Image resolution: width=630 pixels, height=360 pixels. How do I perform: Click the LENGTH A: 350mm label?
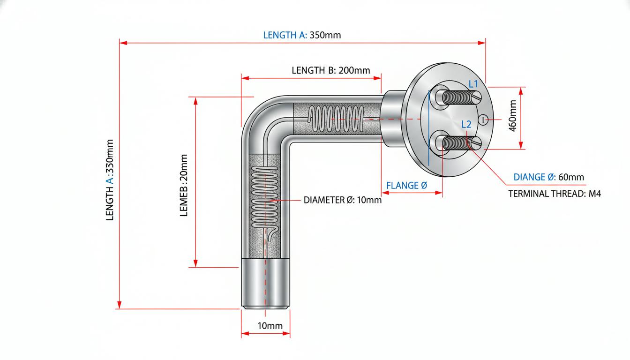point(302,35)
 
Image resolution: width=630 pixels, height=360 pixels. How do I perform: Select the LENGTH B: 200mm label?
point(331,70)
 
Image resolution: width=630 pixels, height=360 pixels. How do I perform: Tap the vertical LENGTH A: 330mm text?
point(110,180)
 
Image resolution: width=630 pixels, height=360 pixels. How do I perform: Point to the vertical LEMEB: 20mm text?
point(184,185)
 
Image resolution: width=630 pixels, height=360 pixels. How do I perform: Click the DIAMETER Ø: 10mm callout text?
point(343,200)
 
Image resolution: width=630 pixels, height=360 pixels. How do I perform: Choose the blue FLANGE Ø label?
point(407,185)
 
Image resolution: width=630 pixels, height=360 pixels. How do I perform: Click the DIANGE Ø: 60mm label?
point(549,177)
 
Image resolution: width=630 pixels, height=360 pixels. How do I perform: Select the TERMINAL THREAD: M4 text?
point(555,194)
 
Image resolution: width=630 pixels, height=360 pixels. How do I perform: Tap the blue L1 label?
point(473,83)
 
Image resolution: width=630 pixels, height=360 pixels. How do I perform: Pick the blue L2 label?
point(466,124)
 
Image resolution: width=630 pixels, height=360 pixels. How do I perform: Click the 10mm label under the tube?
point(270,326)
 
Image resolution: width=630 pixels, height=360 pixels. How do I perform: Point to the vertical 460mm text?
point(513,116)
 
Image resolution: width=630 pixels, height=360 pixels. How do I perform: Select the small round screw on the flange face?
point(483,120)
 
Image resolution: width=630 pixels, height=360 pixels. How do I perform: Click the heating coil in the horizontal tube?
point(336,119)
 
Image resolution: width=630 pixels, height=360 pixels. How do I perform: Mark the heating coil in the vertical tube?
point(265,197)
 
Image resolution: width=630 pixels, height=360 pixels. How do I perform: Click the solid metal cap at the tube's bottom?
point(265,284)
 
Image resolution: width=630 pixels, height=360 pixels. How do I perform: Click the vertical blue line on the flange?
point(429,128)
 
